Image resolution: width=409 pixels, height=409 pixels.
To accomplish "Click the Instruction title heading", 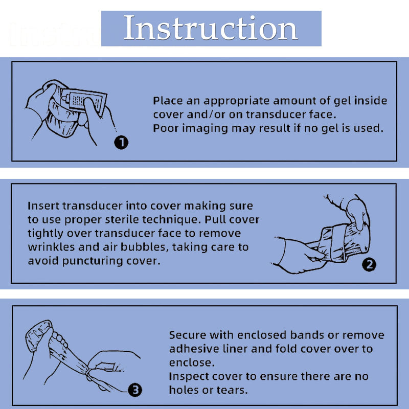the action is [211, 28].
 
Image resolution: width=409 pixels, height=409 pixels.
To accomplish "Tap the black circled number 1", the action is [121, 143].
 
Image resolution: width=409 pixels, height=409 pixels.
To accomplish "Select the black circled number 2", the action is [369, 264].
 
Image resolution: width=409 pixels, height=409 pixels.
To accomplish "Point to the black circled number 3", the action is [135, 390].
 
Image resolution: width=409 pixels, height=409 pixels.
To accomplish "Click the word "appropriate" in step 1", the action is [237, 101].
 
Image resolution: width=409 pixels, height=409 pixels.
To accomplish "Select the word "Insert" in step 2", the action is [44, 206].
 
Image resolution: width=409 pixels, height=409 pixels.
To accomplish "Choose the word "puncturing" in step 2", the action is [93, 261].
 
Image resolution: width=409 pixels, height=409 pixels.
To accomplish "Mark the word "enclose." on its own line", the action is [192, 362].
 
